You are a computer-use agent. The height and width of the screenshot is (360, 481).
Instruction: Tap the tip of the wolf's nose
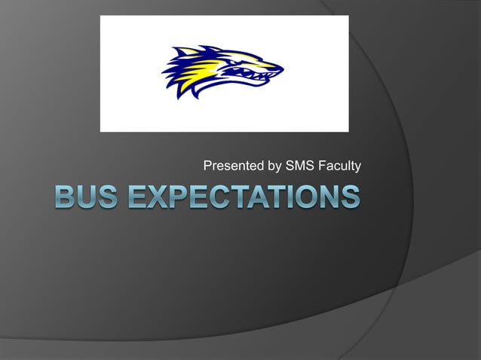tap(281, 69)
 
